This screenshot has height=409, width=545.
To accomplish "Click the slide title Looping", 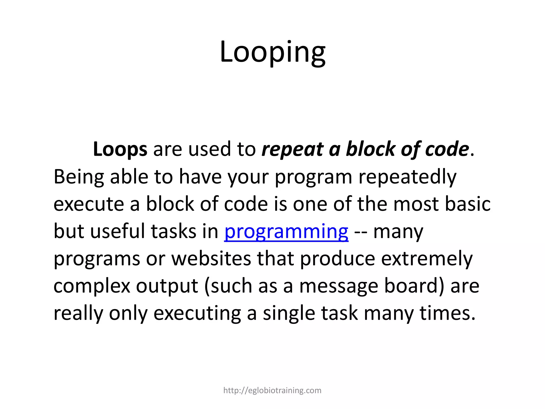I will click(272, 52).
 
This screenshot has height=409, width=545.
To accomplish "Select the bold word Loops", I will click(120, 149).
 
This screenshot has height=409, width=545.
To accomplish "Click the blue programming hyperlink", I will click(286, 231).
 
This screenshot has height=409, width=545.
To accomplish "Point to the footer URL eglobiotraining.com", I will click(272, 390).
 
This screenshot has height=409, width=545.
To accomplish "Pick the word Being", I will click(79, 177).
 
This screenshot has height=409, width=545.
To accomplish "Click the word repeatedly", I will click(407, 177).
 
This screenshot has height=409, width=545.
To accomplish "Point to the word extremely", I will click(427, 259).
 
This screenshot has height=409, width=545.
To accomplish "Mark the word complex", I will click(92, 286).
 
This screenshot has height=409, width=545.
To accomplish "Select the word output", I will click(167, 286).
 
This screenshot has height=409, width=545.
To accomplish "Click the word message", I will click(338, 286).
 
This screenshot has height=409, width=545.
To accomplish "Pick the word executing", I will click(197, 314).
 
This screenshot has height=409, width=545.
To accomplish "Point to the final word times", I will click(447, 313).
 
